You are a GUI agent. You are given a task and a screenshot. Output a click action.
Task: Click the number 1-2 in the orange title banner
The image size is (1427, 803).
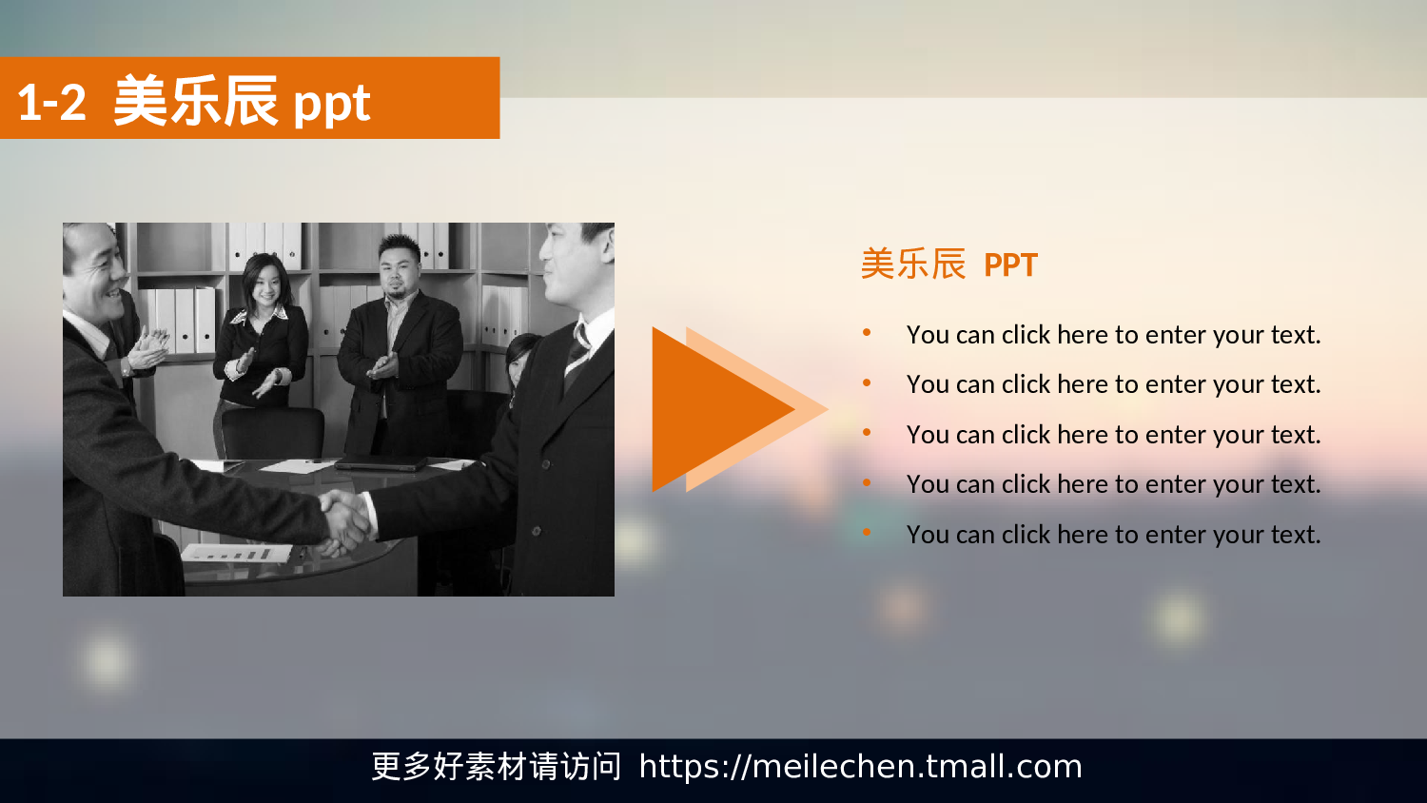[51, 103]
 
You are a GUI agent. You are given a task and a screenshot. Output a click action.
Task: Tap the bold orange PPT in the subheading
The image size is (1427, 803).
[1009, 264]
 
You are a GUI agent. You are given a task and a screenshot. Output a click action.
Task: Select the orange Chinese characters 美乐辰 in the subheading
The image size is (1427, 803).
[912, 264]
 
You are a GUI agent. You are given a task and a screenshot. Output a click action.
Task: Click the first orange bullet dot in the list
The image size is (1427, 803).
[867, 332]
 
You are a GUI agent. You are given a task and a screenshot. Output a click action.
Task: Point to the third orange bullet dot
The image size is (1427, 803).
[867, 432]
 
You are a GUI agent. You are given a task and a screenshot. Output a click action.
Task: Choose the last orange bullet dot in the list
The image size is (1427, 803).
[867, 532]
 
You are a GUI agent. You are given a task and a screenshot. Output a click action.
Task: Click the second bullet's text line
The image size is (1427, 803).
[1113, 384]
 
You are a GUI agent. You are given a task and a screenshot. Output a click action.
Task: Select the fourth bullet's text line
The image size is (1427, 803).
[1113, 484]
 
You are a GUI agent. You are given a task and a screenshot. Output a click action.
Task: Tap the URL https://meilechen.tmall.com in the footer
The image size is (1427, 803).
[860, 767]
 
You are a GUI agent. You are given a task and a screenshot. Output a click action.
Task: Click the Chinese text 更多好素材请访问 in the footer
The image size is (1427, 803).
[496, 767]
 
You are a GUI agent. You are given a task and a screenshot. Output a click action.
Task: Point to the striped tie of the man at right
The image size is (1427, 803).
[577, 352]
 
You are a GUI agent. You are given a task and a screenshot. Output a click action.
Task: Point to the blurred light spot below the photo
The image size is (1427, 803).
[106, 660]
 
